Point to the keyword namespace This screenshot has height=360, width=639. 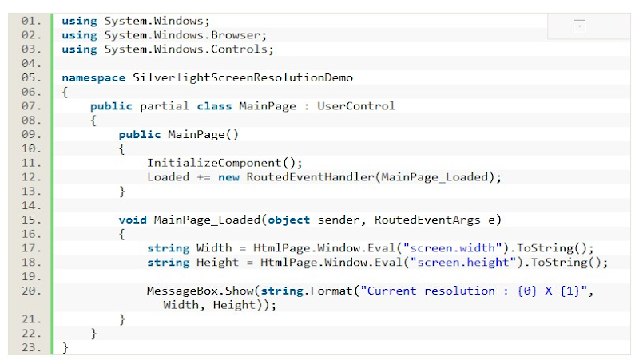click(94, 77)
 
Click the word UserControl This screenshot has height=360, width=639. click(355, 105)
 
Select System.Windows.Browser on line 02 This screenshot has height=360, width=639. click(187, 34)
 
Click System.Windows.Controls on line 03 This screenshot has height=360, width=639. click(190, 49)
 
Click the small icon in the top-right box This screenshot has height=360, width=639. click(578, 26)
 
